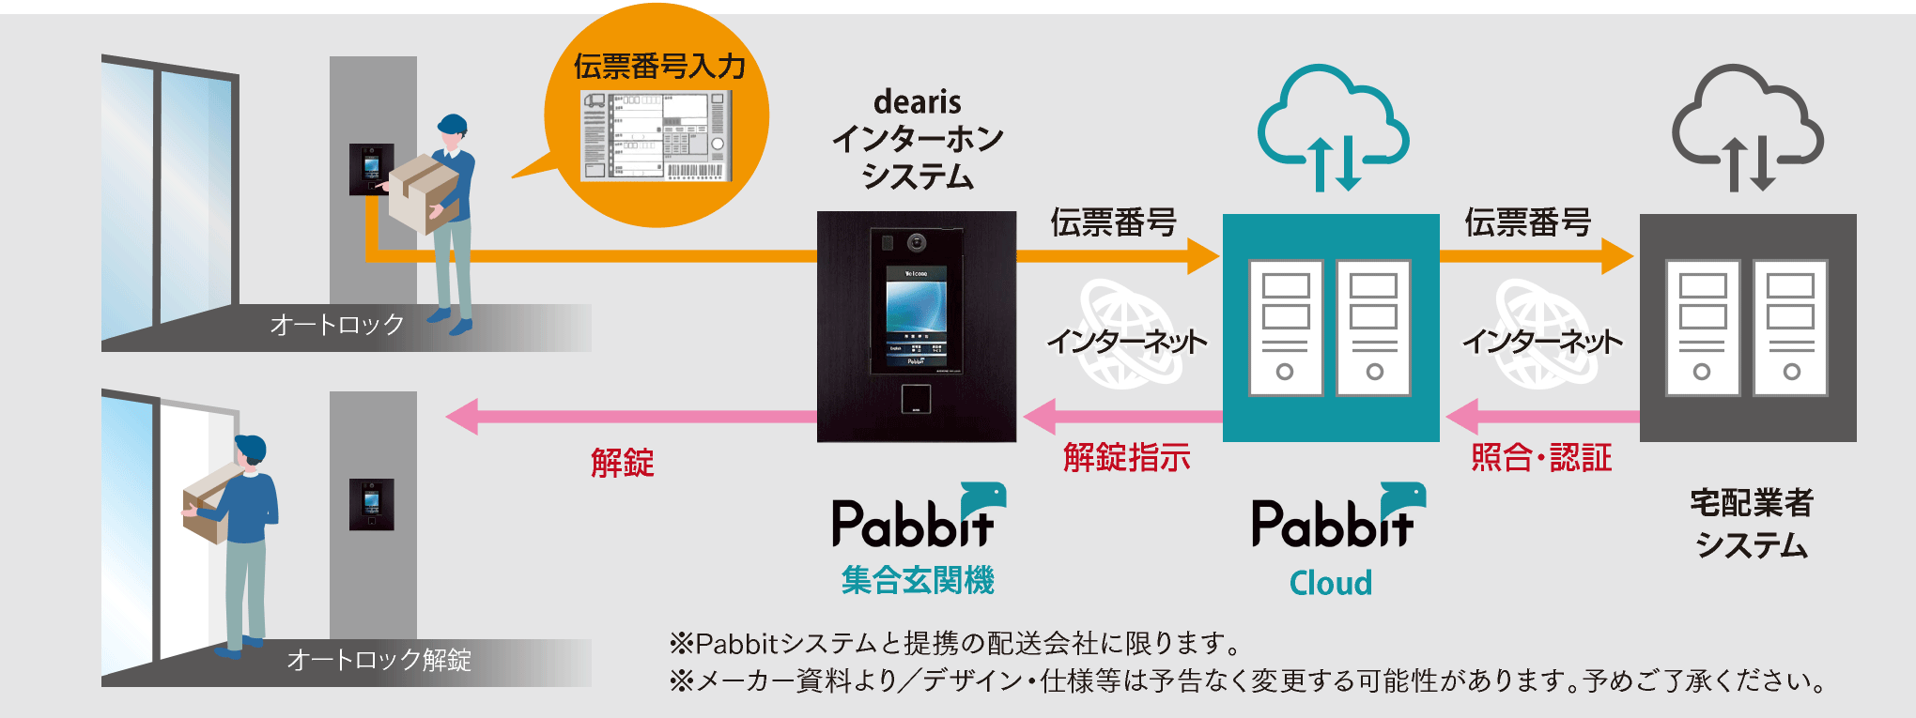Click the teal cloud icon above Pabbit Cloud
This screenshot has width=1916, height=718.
(x=1332, y=122)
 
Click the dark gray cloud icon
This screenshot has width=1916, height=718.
(x=1747, y=122)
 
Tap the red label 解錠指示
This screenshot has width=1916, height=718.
(x=1126, y=458)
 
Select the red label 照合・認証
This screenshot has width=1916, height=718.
(x=1541, y=458)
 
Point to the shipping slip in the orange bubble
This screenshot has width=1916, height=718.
(x=656, y=135)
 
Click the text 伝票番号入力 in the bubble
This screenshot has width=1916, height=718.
(x=659, y=67)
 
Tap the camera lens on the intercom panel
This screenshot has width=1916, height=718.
(x=917, y=243)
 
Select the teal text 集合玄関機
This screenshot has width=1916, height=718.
(x=918, y=580)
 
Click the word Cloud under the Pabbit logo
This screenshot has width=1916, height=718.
(x=1330, y=583)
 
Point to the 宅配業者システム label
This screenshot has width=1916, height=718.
(x=1751, y=524)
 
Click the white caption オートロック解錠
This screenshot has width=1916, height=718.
(x=379, y=660)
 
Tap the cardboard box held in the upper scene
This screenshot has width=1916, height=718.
(x=423, y=192)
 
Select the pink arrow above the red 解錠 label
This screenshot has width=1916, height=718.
(x=629, y=416)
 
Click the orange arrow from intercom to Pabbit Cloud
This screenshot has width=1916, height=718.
(x=1118, y=255)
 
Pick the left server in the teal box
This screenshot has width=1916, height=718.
(x=1285, y=328)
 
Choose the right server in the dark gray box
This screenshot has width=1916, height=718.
(x=1790, y=328)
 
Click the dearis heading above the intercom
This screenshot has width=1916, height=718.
(x=917, y=101)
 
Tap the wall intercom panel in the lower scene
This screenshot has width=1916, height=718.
(x=372, y=504)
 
